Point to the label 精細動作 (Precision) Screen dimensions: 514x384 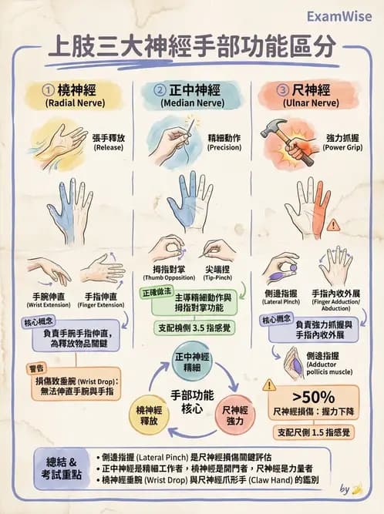(222, 141)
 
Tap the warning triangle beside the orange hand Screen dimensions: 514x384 (332, 225)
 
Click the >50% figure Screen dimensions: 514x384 (313, 398)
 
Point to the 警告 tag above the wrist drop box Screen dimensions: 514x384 (38, 368)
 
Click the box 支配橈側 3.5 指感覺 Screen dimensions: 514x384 (192, 327)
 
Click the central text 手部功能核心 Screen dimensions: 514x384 (191, 399)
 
